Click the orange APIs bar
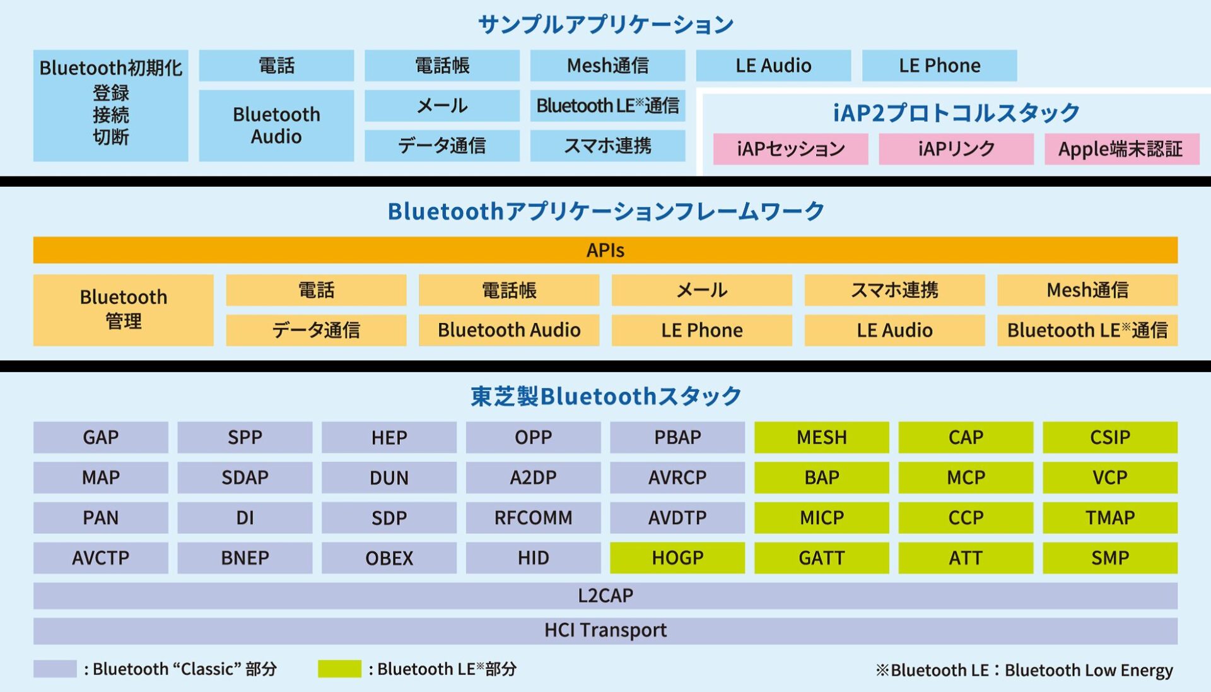tap(605, 250)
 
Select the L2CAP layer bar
tap(605, 595)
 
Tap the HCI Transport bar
tap(605, 630)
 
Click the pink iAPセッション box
tap(791, 149)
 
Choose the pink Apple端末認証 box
tap(1122, 149)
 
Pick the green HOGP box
tap(677, 558)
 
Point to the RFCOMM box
tap(534, 518)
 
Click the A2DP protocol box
tap(534, 478)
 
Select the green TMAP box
tap(1110, 518)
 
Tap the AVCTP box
tap(101, 558)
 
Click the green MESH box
tap(822, 437)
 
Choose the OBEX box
tap(389, 558)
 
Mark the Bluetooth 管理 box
tap(124, 310)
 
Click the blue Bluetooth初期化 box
tap(111, 105)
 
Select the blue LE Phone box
tap(940, 66)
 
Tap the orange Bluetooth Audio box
tap(509, 330)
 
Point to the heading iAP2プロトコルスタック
tap(956, 113)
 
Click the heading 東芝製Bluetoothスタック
tap(605, 396)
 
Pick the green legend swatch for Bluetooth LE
tap(339, 669)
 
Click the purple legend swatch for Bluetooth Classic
tap(55, 669)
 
